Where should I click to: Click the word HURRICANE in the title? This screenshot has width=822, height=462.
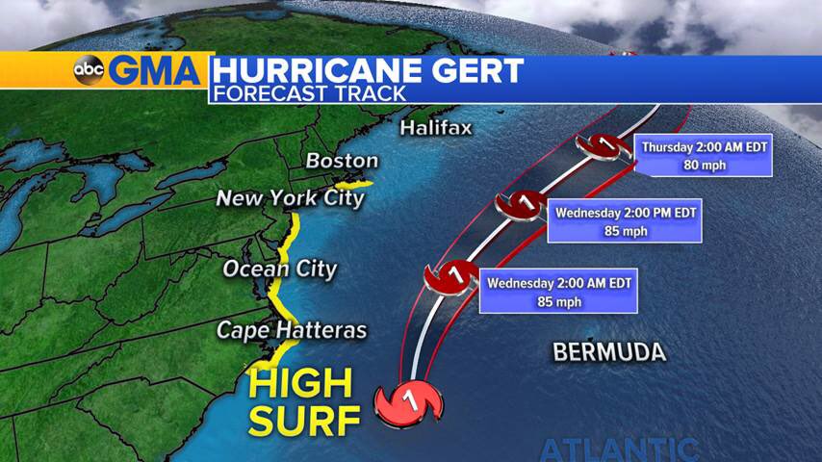point(313,70)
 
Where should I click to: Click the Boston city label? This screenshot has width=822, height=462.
point(342,161)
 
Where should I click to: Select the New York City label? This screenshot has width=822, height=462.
point(290,198)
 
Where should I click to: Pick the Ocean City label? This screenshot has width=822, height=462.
point(280,269)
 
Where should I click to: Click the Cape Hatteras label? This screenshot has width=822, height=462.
point(292,330)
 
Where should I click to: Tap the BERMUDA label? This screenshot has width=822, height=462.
point(608,352)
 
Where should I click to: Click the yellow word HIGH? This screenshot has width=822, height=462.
point(301,384)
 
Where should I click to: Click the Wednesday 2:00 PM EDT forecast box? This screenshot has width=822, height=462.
point(624,220)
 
